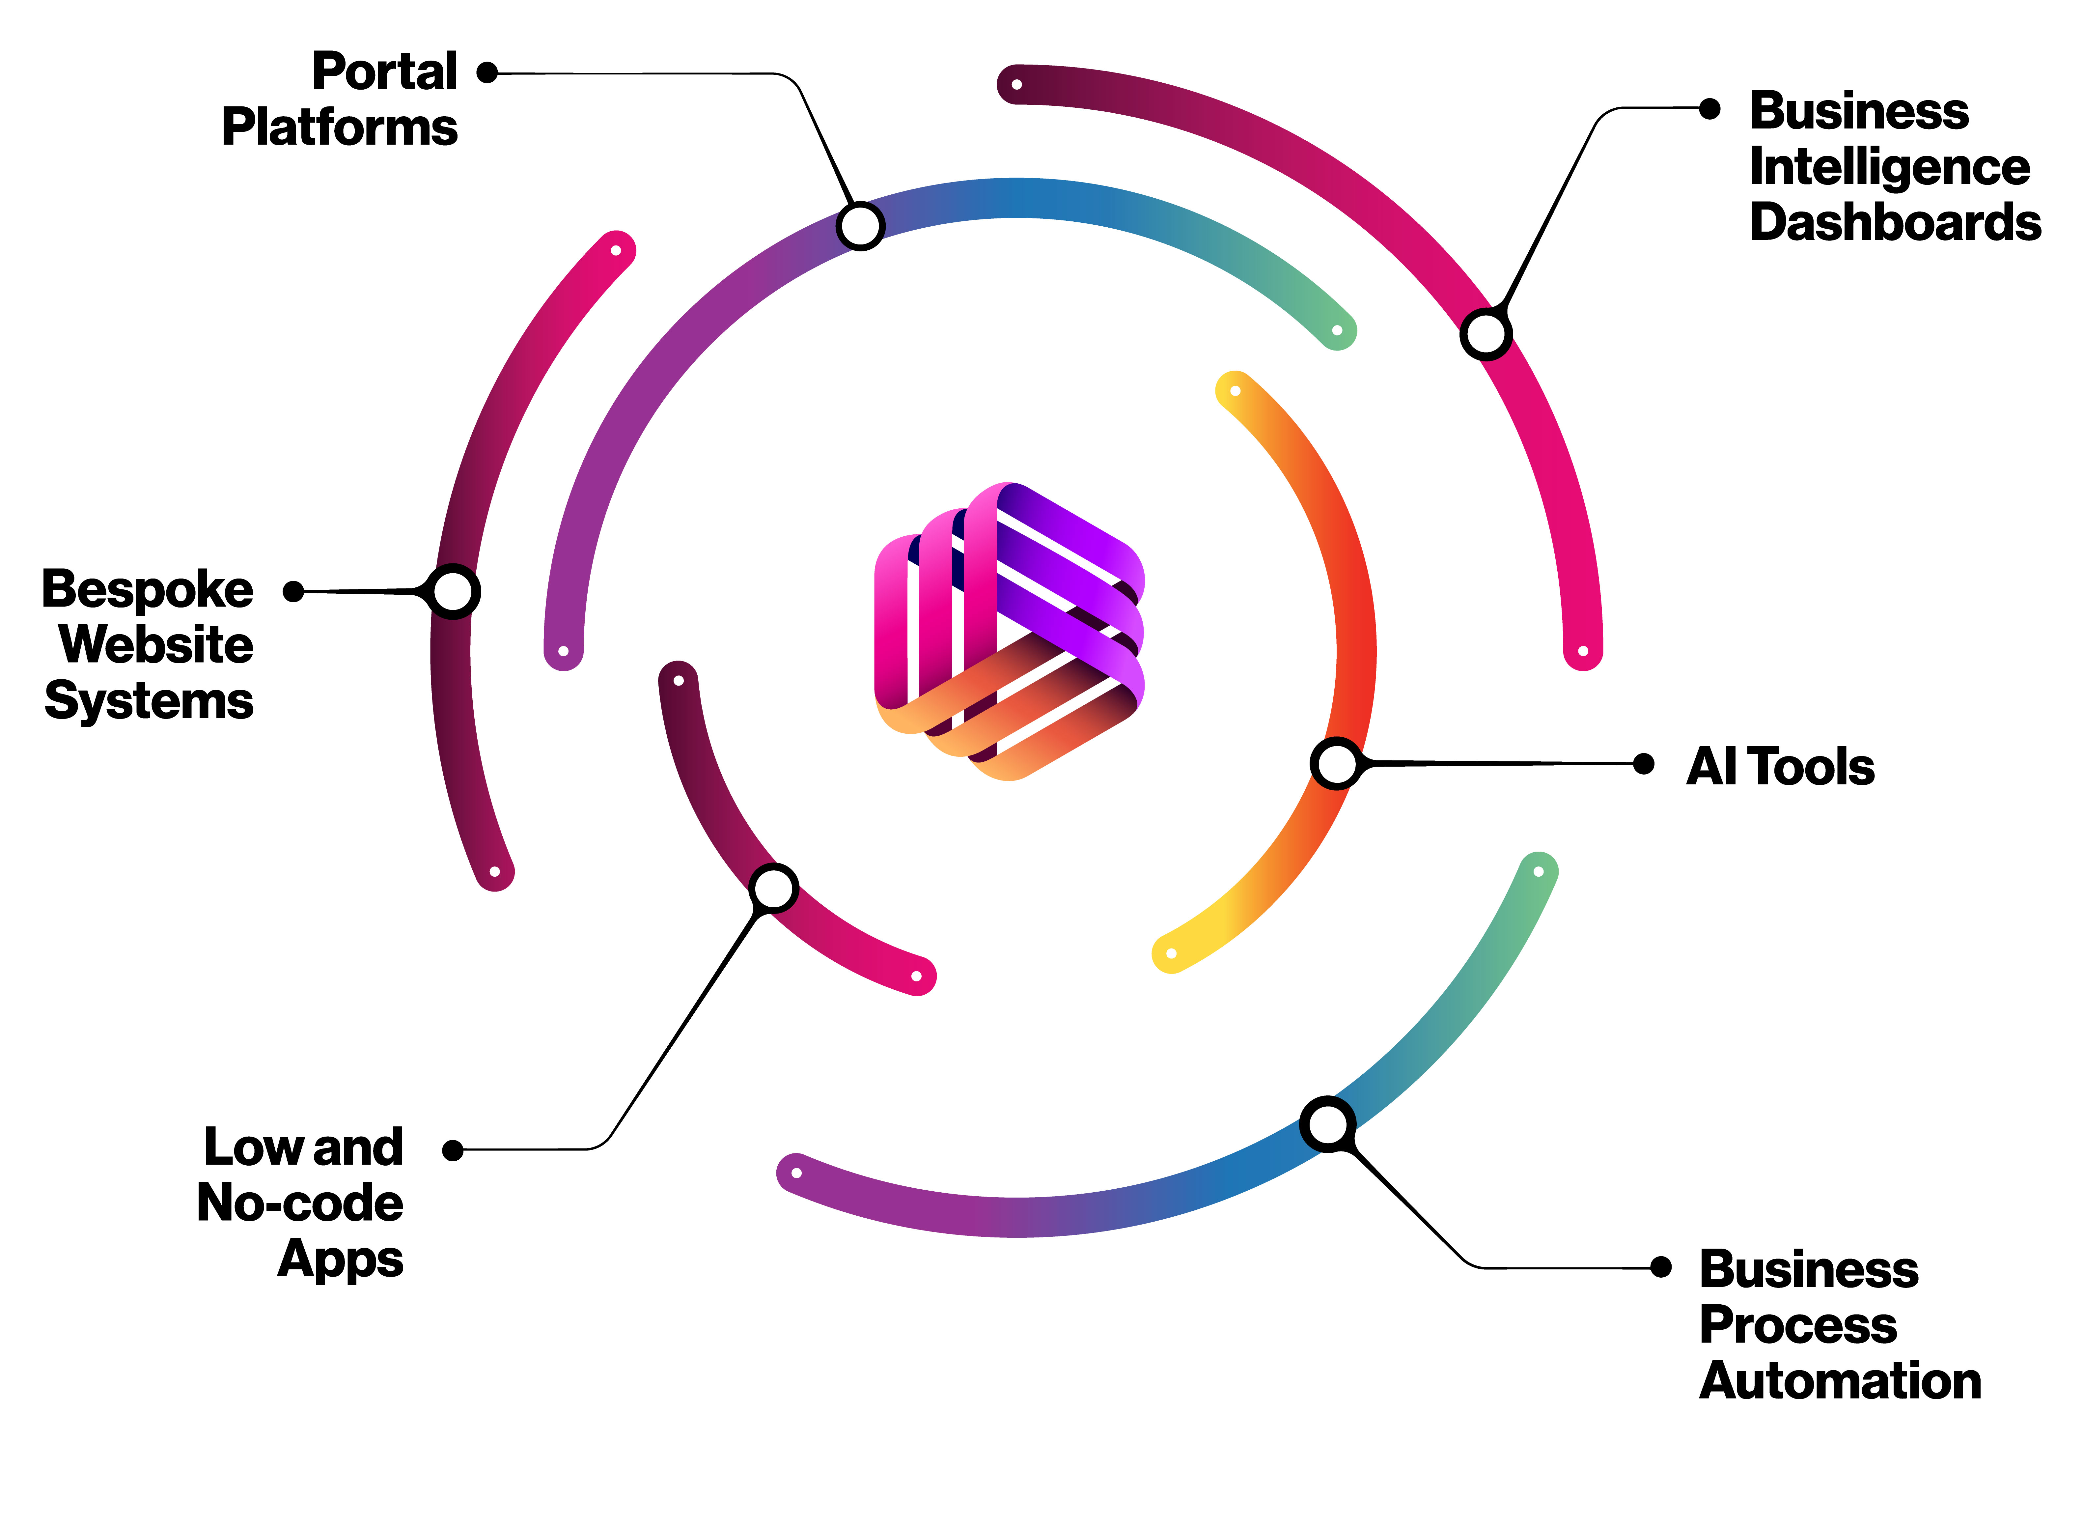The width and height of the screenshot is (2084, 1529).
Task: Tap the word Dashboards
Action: click(1894, 223)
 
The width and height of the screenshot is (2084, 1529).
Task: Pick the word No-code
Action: click(300, 1203)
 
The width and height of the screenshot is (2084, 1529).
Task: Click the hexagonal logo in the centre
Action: click(1009, 631)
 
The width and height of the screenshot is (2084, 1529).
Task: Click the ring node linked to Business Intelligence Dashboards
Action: click(1485, 334)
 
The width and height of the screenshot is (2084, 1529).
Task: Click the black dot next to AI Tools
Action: click(1644, 764)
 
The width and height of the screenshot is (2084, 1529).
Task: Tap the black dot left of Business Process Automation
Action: click(1661, 1267)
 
